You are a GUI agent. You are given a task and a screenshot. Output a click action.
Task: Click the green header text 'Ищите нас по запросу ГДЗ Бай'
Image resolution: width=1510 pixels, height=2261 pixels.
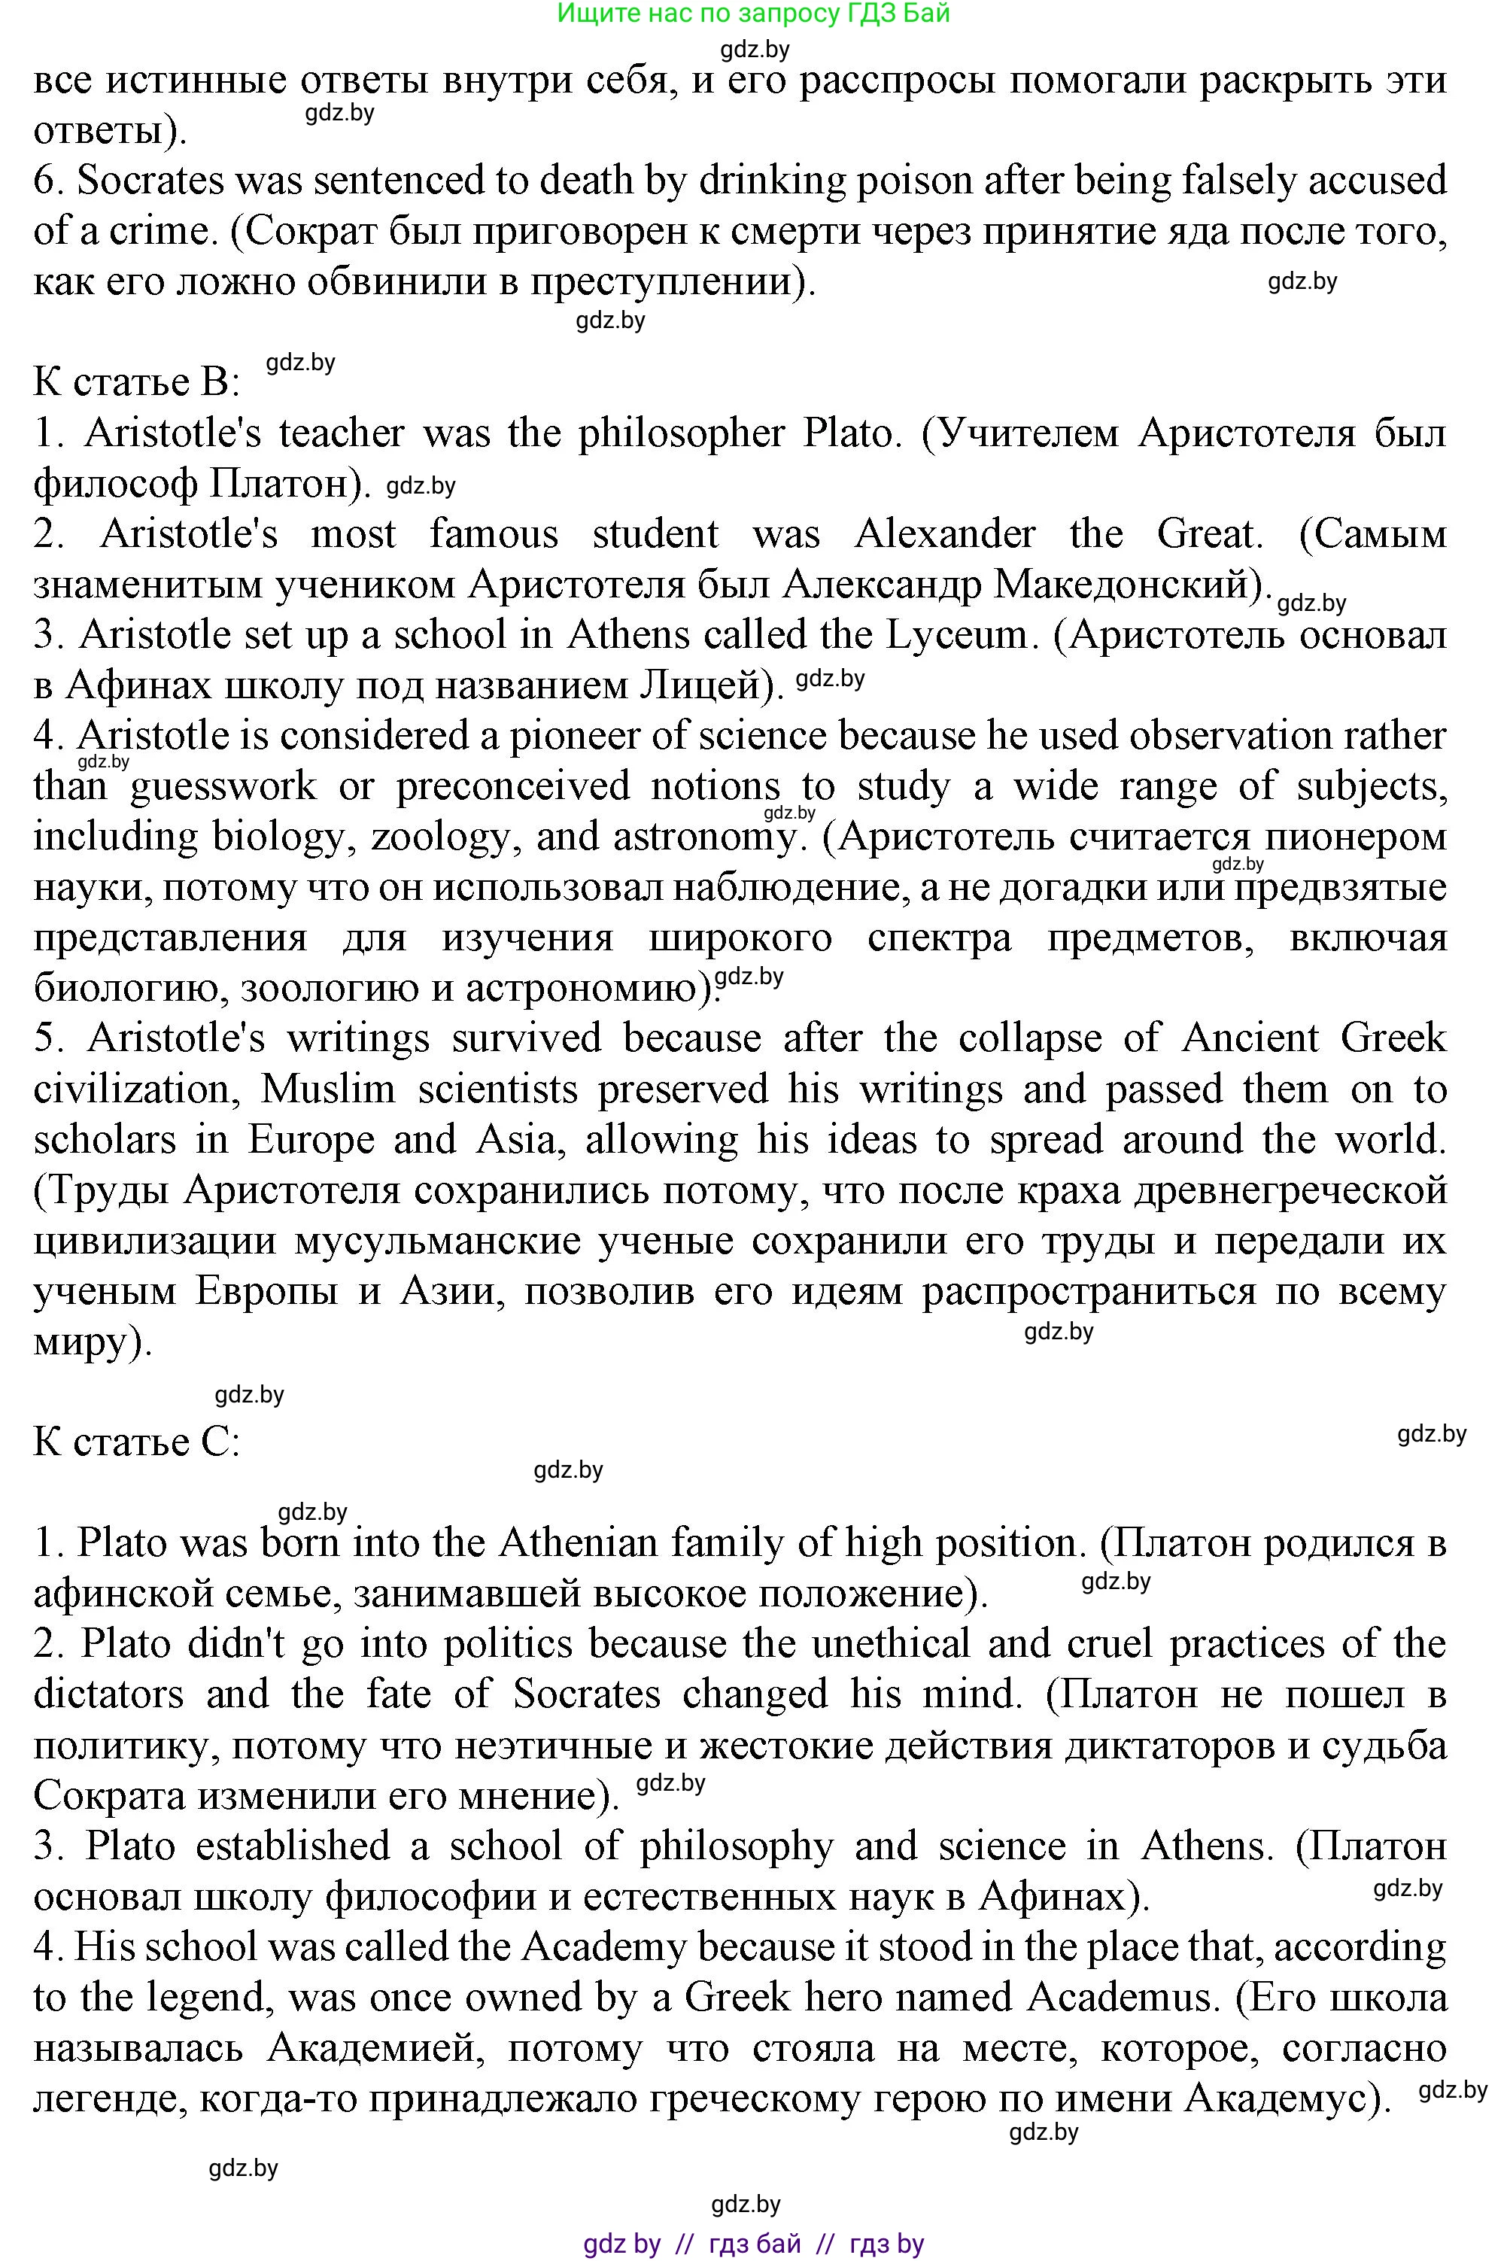pyautogui.click(x=753, y=14)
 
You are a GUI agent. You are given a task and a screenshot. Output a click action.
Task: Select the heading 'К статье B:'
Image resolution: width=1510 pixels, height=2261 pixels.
pyautogui.click(x=135, y=382)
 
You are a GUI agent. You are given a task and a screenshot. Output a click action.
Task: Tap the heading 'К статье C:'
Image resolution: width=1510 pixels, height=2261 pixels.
pyautogui.click(x=135, y=1442)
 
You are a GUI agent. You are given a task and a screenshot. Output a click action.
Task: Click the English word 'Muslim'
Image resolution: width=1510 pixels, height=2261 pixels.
pyautogui.click(x=328, y=1089)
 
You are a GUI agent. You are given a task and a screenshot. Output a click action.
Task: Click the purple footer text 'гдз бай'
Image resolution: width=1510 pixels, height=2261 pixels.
pyautogui.click(x=754, y=2244)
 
